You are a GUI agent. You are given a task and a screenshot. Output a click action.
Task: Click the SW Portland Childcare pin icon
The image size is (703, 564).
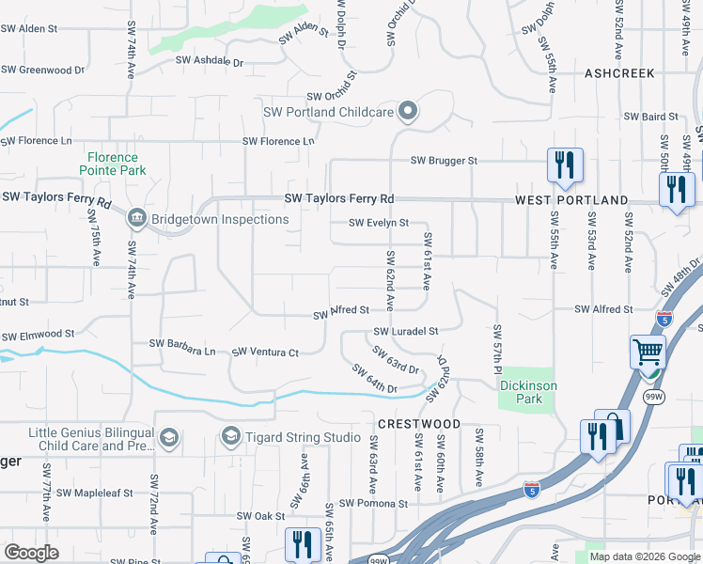pyautogui.click(x=408, y=112)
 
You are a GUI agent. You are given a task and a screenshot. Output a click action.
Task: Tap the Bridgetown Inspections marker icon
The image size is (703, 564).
pyautogui.click(x=136, y=219)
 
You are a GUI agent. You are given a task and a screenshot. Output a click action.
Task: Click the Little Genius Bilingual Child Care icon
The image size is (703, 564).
pyautogui.click(x=168, y=437)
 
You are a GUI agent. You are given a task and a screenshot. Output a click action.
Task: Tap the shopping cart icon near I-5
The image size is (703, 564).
pyautogui.click(x=648, y=353)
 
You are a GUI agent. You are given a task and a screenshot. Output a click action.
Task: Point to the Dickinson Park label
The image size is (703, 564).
pyautogui.click(x=528, y=392)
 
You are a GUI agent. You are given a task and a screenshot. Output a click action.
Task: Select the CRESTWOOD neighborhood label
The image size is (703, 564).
pyautogui.click(x=419, y=424)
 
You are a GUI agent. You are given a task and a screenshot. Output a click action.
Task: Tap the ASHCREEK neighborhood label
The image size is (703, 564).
pyautogui.click(x=618, y=72)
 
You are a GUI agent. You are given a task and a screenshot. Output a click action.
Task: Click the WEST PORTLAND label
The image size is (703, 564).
pyautogui.click(x=571, y=200)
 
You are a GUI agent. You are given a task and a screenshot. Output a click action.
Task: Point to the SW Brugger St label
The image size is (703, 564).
pyautogui.click(x=444, y=161)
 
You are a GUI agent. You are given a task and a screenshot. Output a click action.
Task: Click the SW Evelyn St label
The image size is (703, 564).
pyautogui.click(x=379, y=223)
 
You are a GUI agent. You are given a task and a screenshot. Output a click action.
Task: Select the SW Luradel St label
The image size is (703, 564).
pyautogui.click(x=406, y=331)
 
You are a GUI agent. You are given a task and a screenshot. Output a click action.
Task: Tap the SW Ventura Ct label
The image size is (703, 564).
pyautogui.click(x=265, y=352)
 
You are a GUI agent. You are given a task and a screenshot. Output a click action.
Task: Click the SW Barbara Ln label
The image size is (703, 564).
pyautogui.click(x=182, y=347)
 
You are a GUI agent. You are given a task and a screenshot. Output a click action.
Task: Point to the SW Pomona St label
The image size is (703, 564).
pyautogui.click(x=374, y=503)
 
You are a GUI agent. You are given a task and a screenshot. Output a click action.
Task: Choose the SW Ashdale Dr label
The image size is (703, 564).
pyautogui.click(x=210, y=62)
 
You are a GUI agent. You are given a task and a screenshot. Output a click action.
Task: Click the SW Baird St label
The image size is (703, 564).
pyautogui.click(x=651, y=117)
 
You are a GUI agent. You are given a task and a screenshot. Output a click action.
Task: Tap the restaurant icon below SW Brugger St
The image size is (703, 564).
pyautogui.click(x=565, y=165)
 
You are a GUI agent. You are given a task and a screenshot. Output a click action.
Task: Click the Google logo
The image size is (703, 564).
pyautogui.click(x=32, y=553)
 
